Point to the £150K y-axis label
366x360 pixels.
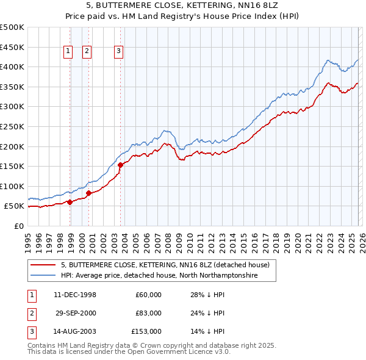[x=13, y=166]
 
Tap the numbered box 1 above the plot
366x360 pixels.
[x=68, y=52]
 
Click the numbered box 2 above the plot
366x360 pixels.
[x=87, y=52]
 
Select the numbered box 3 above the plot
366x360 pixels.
[x=118, y=52]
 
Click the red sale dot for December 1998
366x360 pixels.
[x=70, y=202]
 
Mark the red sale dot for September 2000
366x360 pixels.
[x=89, y=193]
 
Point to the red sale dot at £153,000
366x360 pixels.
[x=120, y=165]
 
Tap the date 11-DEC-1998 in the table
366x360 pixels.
[x=75, y=295]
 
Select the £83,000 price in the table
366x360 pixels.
[x=148, y=313]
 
